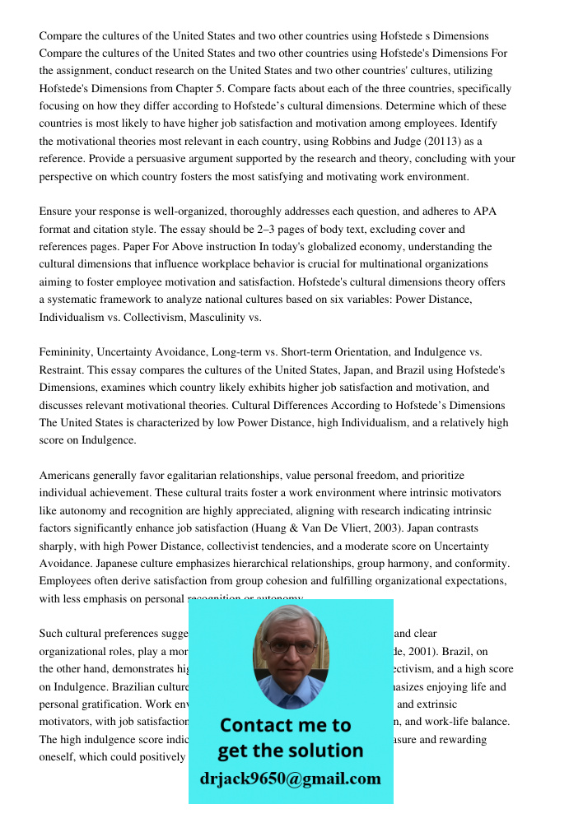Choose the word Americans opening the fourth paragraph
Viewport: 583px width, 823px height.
(x=66, y=476)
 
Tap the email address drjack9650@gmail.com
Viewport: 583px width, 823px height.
(x=290, y=779)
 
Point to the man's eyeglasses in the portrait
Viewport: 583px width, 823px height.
(x=290, y=648)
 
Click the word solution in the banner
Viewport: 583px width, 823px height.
(x=326, y=751)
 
